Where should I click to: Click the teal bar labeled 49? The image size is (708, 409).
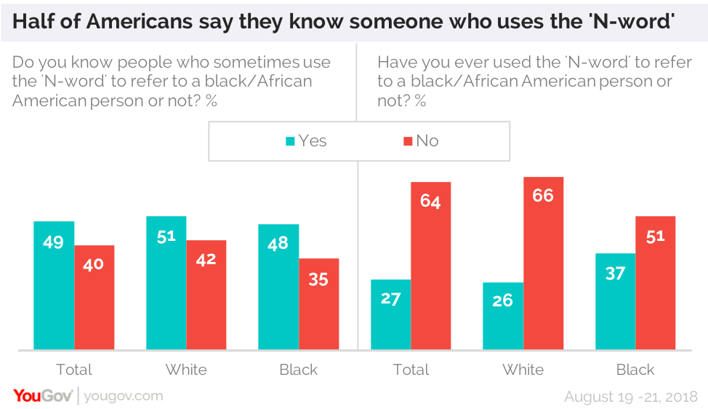click(54, 285)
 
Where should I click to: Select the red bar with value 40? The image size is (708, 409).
click(94, 298)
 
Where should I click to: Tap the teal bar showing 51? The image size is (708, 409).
click(166, 283)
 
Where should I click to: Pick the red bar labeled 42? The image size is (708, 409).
click(206, 295)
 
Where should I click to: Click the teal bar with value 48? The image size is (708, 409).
click(278, 287)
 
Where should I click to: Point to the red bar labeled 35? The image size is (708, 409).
click(319, 303)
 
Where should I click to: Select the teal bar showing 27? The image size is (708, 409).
click(391, 314)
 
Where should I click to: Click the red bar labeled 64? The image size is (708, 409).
click(431, 266)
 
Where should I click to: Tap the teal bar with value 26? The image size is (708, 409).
click(503, 316)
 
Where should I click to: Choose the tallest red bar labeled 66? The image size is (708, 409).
click(544, 263)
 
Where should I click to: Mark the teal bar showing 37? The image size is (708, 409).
click(616, 301)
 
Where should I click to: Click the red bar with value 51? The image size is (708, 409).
click(656, 283)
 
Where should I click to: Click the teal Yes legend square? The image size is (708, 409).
click(290, 141)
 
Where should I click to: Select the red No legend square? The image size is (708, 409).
click(408, 141)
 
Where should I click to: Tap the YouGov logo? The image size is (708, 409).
click(43, 396)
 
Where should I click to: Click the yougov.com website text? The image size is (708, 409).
click(124, 396)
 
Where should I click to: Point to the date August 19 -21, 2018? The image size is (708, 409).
click(631, 397)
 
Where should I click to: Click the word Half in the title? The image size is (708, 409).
click(33, 21)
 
